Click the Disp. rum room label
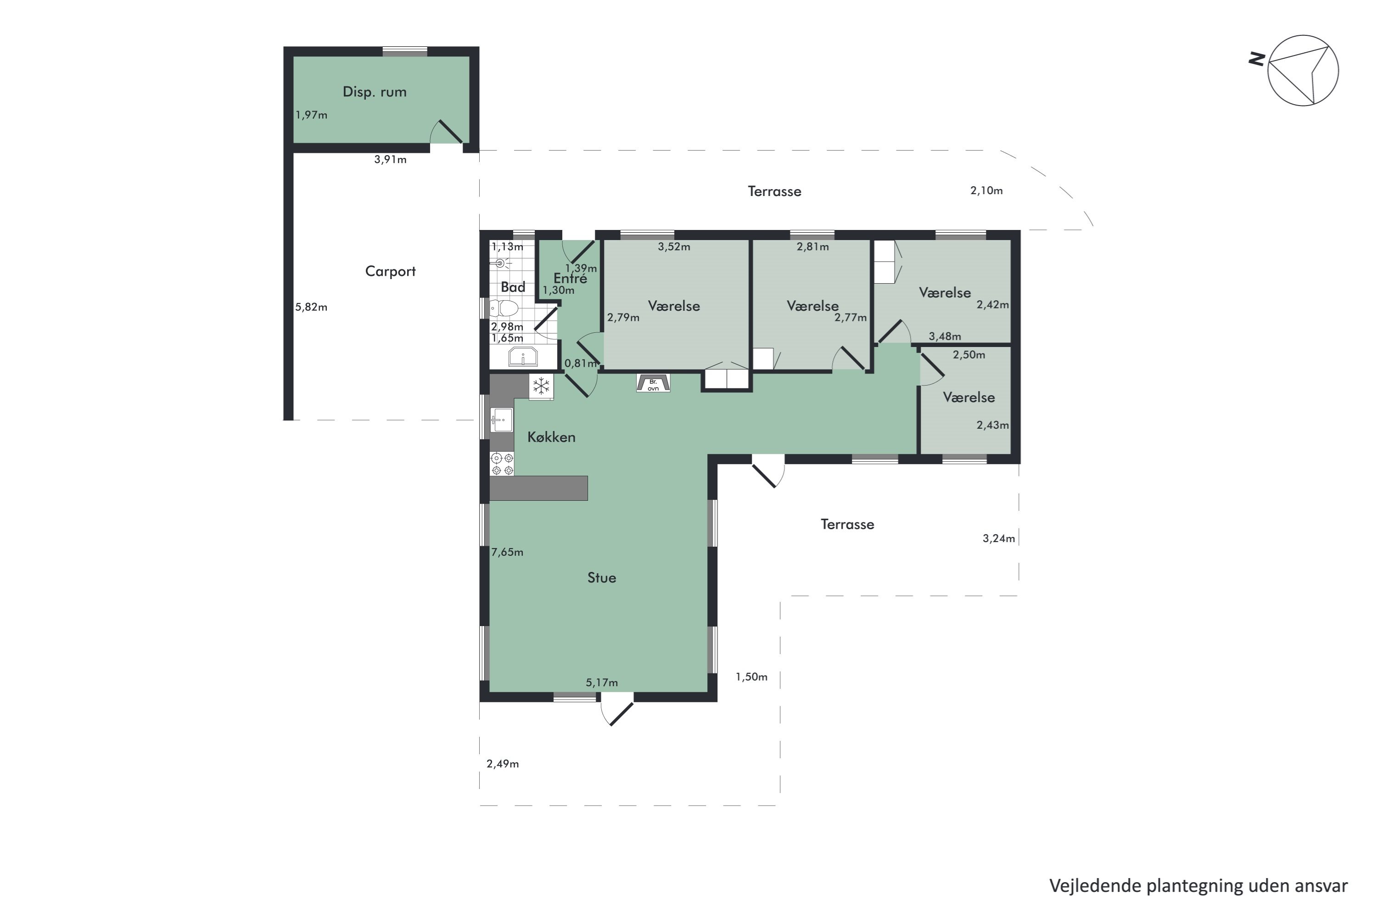tap(374, 92)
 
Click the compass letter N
tap(1256, 59)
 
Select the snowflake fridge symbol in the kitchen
tap(541, 386)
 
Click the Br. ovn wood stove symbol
tap(653, 383)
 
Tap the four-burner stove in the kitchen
tap(502, 464)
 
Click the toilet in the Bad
tap(504, 308)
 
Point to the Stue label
tap(602, 578)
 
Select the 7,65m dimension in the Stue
tap(507, 552)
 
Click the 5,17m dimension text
tap(602, 683)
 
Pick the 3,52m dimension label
tap(674, 247)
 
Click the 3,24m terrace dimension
tap(999, 538)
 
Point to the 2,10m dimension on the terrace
tap(986, 191)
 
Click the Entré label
tap(570, 279)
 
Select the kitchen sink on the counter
tap(502, 420)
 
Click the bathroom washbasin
tap(523, 357)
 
